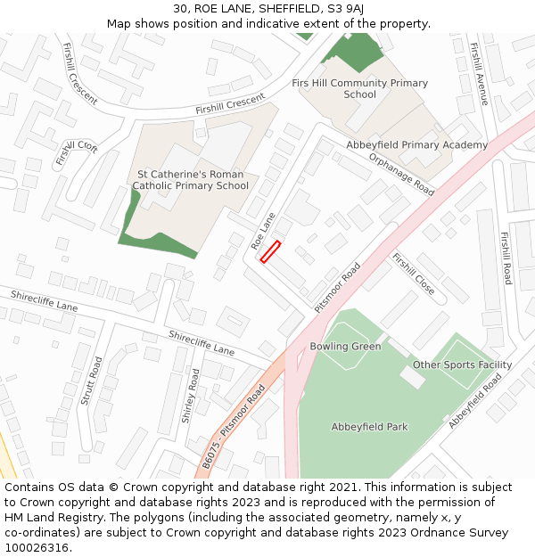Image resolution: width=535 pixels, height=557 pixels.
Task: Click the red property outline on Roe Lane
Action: (270, 252)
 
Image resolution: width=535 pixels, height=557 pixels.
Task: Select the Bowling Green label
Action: (345, 346)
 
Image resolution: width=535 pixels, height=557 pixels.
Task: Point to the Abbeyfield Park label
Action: (369, 427)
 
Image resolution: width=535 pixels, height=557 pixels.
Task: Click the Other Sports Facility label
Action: (462, 365)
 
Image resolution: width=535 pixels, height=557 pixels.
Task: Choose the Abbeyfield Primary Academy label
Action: (416, 145)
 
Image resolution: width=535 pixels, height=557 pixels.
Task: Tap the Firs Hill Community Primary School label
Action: (359, 88)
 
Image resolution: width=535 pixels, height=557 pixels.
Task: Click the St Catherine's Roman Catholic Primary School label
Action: (191, 180)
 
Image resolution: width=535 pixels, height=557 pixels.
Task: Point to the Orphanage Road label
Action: (401, 173)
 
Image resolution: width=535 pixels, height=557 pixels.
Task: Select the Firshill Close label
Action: (413, 274)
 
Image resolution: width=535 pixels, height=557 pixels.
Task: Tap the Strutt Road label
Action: (91, 381)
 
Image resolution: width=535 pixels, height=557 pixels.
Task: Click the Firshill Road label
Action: (506, 258)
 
